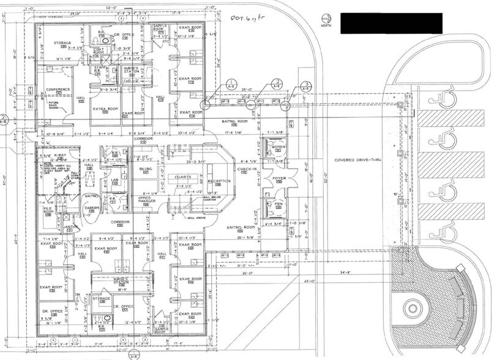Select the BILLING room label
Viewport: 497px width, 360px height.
[x=146, y=168]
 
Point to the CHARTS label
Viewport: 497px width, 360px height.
[x=183, y=178]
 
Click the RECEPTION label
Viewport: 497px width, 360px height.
[x=219, y=182]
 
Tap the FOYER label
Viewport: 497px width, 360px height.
[x=278, y=179]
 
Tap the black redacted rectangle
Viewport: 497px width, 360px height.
[x=391, y=23]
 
